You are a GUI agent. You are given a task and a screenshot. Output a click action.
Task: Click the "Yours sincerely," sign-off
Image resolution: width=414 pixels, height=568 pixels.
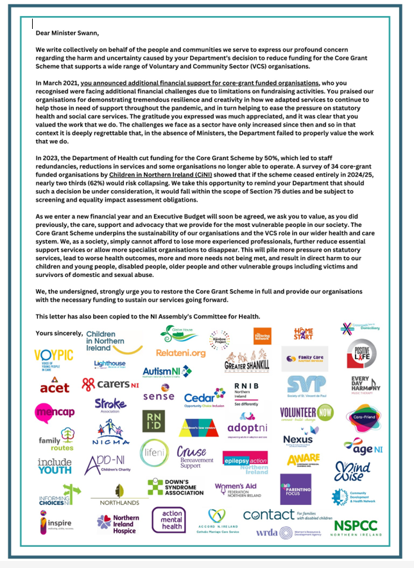tap(59, 333)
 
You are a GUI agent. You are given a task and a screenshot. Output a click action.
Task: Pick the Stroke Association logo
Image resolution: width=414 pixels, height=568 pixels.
tap(110, 406)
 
